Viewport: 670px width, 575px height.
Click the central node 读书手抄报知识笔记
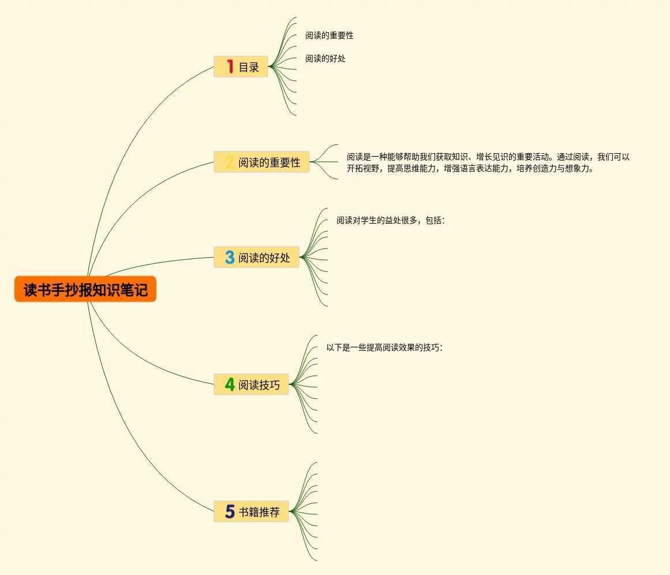click(85, 289)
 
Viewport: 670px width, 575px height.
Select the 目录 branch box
click(241, 66)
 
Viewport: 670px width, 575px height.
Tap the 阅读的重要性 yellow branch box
click(261, 162)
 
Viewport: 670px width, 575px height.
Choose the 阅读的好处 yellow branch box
click(256, 257)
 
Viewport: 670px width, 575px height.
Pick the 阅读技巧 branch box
click(251, 384)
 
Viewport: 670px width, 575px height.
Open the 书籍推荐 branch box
click(251, 511)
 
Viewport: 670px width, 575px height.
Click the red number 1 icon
click(230, 66)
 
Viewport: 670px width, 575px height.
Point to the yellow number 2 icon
click(230, 162)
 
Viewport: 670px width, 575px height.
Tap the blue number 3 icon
click(230, 257)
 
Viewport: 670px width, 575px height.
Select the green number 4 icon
click(230, 384)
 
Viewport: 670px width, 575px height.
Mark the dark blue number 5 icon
click(230, 511)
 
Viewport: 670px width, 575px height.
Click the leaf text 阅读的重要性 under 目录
click(329, 35)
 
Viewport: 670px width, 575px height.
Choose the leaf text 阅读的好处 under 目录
click(325, 58)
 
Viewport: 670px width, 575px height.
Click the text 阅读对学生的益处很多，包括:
click(390, 220)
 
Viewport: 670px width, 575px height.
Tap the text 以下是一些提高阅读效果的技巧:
click(384, 347)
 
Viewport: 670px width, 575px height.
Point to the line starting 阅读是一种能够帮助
click(488, 157)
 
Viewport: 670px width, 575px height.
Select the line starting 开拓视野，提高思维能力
click(470, 169)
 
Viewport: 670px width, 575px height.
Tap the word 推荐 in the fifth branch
click(270, 512)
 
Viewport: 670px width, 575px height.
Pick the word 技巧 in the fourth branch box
click(270, 385)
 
